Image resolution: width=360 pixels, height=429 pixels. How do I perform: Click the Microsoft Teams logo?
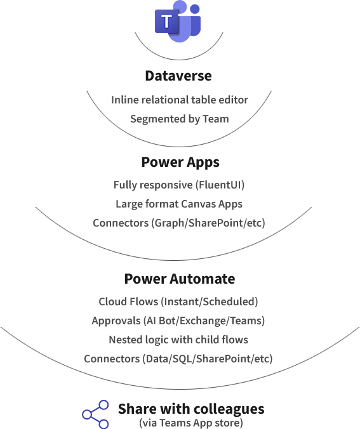point(178,22)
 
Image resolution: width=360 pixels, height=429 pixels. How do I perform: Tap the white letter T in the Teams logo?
point(166,21)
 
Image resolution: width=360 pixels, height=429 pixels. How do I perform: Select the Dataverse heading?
point(178,76)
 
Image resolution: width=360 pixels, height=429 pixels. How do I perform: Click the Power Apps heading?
point(180,162)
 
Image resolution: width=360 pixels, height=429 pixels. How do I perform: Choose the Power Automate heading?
point(180,279)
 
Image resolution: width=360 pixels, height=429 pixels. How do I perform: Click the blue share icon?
point(95,414)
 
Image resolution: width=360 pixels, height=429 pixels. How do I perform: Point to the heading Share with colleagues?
point(191,409)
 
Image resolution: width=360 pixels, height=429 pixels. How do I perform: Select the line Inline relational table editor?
point(180,100)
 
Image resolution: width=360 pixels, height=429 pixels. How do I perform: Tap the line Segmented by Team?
point(180,119)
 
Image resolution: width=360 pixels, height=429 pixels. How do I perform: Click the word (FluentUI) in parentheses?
point(220,185)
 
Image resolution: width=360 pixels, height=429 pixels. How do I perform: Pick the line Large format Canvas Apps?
point(179,204)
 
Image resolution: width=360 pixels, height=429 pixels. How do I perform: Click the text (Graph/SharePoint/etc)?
point(208,223)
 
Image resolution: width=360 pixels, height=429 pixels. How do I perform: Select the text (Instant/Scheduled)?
point(209,302)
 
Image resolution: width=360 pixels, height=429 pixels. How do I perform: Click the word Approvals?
point(116,321)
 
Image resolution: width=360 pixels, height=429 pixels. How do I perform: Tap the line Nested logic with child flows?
point(178,340)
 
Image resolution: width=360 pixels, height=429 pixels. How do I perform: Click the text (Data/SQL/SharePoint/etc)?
point(207,359)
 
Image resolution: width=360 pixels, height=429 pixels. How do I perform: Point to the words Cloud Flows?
point(128,302)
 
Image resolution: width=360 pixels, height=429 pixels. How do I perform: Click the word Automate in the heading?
point(203,279)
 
